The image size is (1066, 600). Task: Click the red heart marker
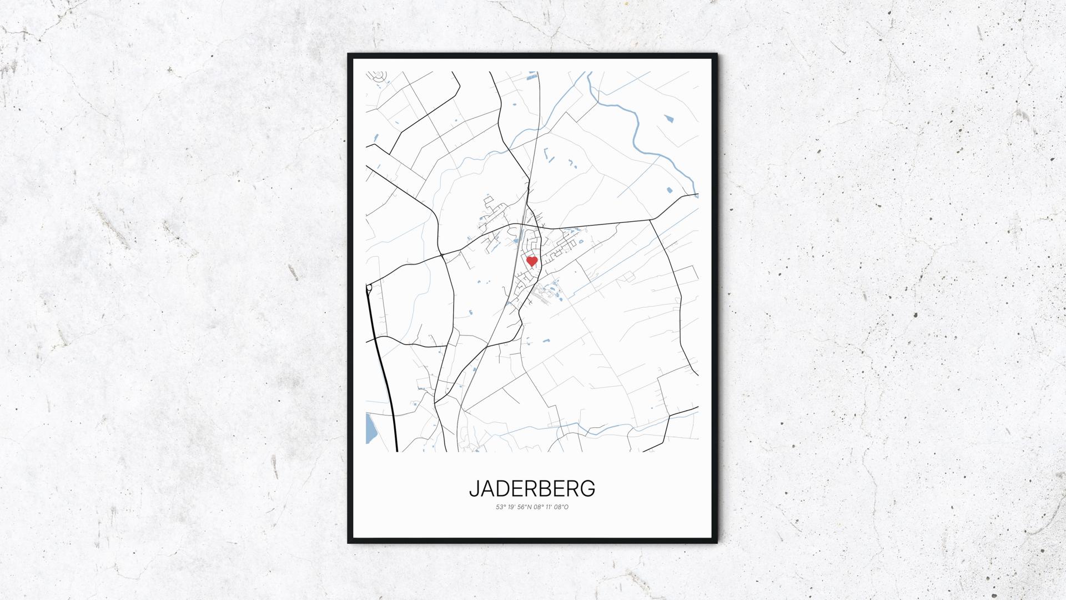coord(532,261)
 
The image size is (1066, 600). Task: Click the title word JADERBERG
coord(532,489)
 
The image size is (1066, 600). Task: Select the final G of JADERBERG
coord(588,489)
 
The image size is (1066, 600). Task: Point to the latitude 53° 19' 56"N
coord(513,507)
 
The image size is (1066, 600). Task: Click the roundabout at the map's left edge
coord(369,287)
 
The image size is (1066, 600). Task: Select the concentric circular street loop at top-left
coord(380,77)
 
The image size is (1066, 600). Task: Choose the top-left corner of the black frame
coord(349,55)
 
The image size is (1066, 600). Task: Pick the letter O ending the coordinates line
coord(566,507)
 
